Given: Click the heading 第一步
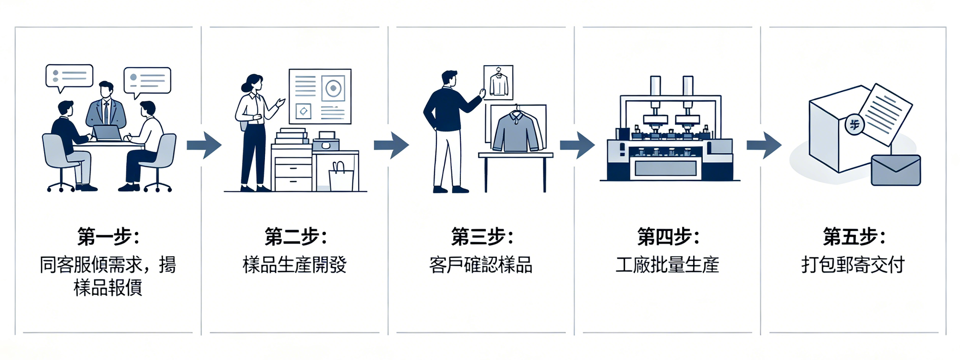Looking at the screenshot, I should [x=108, y=237].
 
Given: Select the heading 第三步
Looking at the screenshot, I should [x=481, y=237].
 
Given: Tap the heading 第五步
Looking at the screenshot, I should [x=853, y=237].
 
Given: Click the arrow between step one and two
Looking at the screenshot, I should [x=204, y=145].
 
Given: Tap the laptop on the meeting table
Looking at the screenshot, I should [x=107, y=132].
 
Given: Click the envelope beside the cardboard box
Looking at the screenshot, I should [x=896, y=170].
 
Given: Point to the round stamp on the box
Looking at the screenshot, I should [x=854, y=125].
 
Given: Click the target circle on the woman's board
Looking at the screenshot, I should [x=333, y=88].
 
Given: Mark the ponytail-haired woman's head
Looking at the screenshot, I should [x=254, y=83].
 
